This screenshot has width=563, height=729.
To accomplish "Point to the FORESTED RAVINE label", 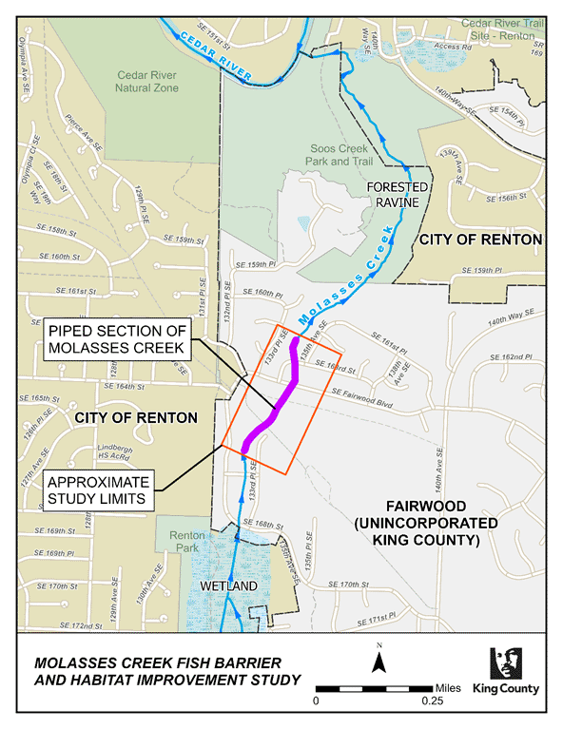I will click(399, 195).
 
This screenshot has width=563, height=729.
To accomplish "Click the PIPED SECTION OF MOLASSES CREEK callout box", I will click(120, 336).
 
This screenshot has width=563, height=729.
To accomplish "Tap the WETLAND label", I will click(227, 586).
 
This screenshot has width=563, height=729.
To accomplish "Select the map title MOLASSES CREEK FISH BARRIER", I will click(154, 662).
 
